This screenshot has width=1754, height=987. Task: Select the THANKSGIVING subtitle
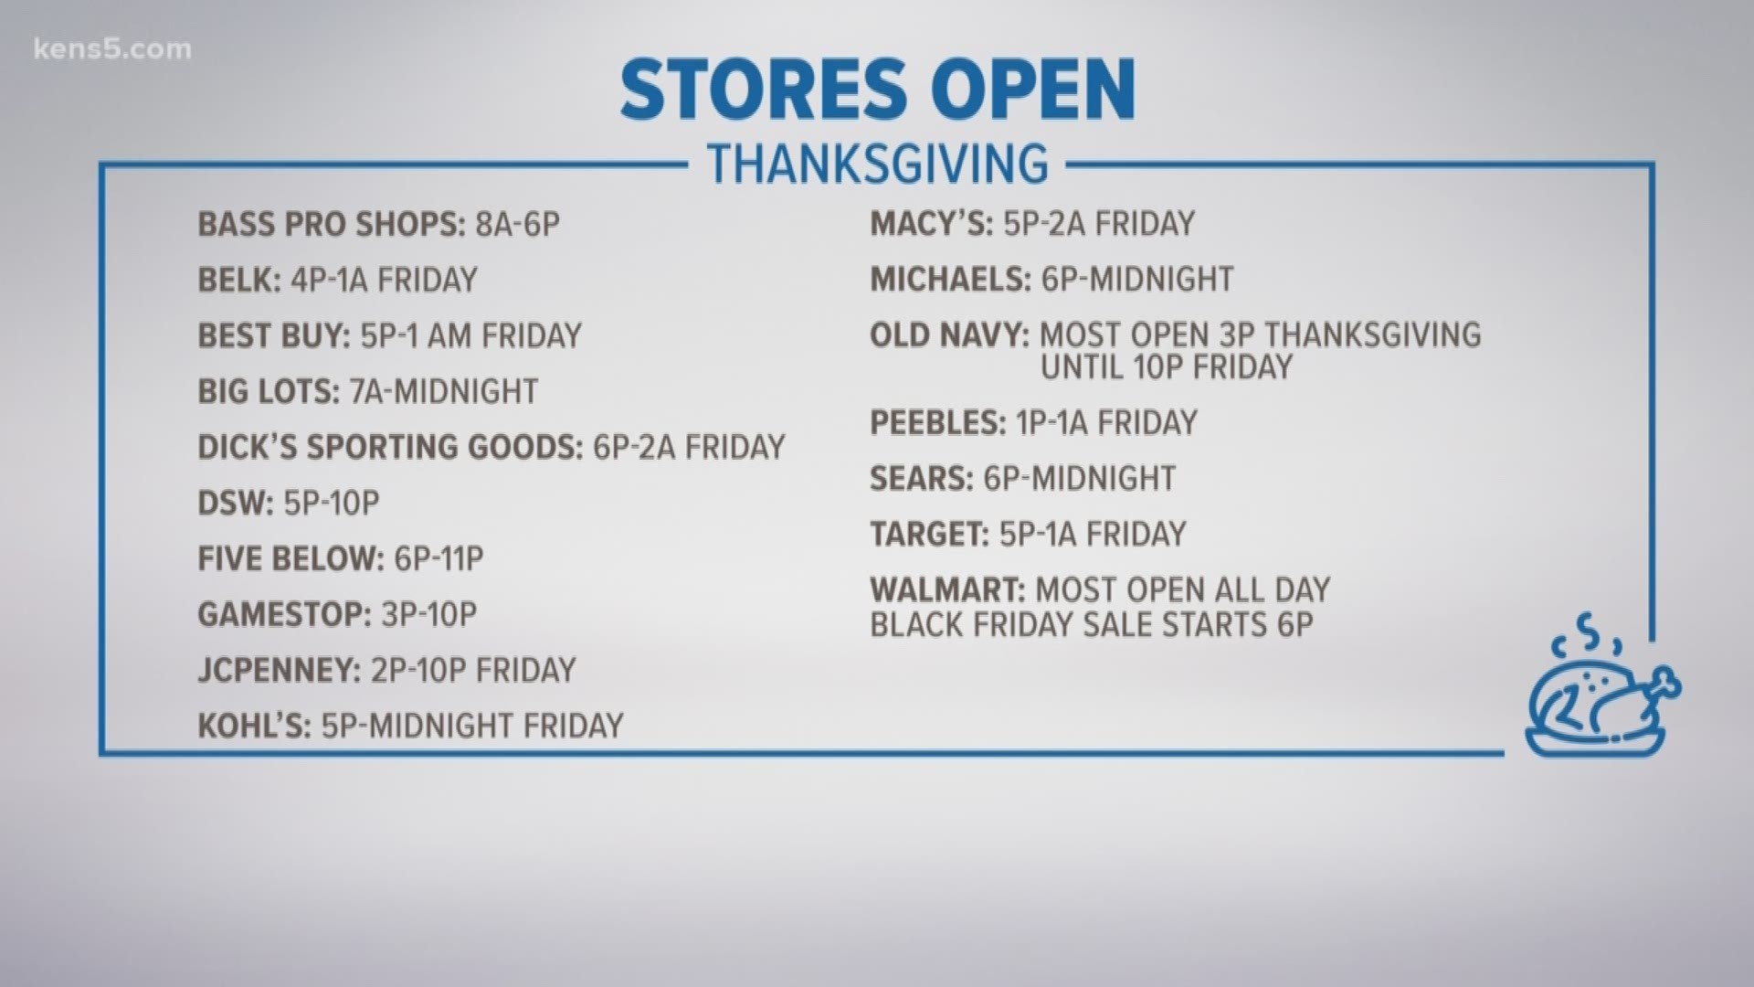[878, 164]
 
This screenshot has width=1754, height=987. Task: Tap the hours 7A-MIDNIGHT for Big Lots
[444, 391]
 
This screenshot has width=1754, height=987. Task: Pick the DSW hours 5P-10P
[331, 503]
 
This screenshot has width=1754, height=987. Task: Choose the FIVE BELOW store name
[291, 558]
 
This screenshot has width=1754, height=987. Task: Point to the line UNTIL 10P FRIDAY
[1167, 367]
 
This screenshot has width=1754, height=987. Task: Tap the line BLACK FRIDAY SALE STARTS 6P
[1092, 625]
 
